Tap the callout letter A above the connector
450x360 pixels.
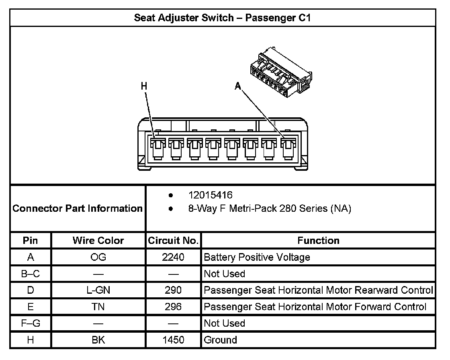(x=238, y=86)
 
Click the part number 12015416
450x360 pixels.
(x=211, y=195)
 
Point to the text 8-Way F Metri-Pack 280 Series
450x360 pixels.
(x=270, y=209)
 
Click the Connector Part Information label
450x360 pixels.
(x=78, y=209)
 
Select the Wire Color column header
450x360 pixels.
(x=98, y=241)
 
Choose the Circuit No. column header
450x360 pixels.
(x=173, y=241)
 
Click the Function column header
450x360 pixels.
(x=318, y=241)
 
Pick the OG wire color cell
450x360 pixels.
(x=98, y=257)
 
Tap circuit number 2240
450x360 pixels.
(x=173, y=257)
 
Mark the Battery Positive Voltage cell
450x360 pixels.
(x=257, y=257)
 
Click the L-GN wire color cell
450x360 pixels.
(x=98, y=290)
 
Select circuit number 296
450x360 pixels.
(x=173, y=307)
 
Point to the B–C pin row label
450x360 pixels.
(x=31, y=274)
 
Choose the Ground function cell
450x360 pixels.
(x=221, y=340)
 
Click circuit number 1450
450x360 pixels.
(x=173, y=340)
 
